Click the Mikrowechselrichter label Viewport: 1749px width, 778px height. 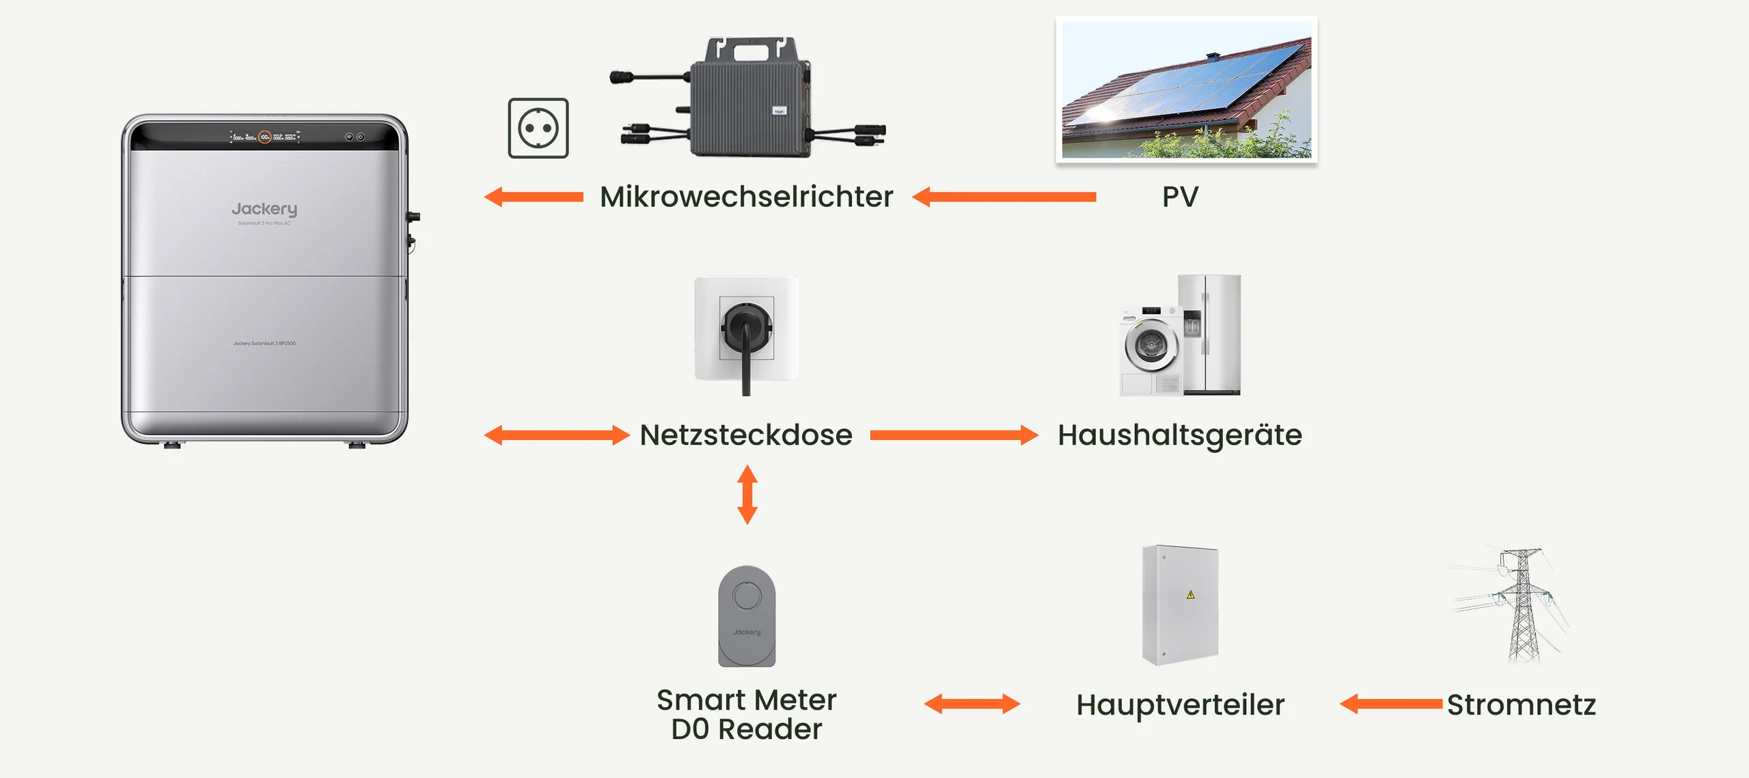746,197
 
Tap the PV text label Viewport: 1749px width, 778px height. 1180,197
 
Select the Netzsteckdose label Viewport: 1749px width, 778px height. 746,435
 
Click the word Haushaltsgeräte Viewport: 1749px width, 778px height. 1180,435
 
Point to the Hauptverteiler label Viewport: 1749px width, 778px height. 1180,704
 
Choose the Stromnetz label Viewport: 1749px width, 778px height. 1521,704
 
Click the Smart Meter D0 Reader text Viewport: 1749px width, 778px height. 746,714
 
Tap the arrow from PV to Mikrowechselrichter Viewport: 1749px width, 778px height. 1004,197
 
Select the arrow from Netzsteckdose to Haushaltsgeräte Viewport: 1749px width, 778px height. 954,435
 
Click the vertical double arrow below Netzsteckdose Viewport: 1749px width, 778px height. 747,495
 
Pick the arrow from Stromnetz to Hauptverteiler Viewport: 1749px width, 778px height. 1391,704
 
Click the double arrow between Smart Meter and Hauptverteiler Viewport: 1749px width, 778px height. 972,704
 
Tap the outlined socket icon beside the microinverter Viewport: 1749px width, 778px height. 538,128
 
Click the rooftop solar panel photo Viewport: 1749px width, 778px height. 1186,89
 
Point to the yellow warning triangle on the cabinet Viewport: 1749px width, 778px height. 1191,594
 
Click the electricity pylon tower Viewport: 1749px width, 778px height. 1523,605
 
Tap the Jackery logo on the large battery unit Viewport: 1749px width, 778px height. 264,208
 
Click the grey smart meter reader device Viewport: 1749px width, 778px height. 747,616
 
